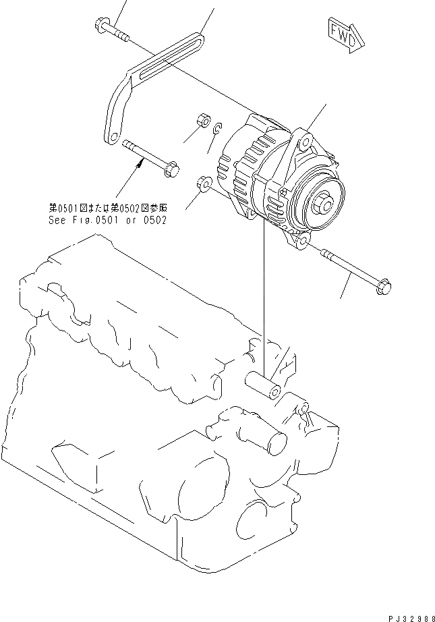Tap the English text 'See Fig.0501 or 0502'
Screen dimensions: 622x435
[x=107, y=220]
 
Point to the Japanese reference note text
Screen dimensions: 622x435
[x=107, y=208]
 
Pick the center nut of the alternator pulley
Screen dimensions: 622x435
[x=326, y=201]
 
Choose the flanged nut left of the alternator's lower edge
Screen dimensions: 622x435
[x=204, y=183]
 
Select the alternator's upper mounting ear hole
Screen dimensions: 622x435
[x=306, y=144]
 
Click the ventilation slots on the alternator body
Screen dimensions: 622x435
[x=250, y=175]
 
